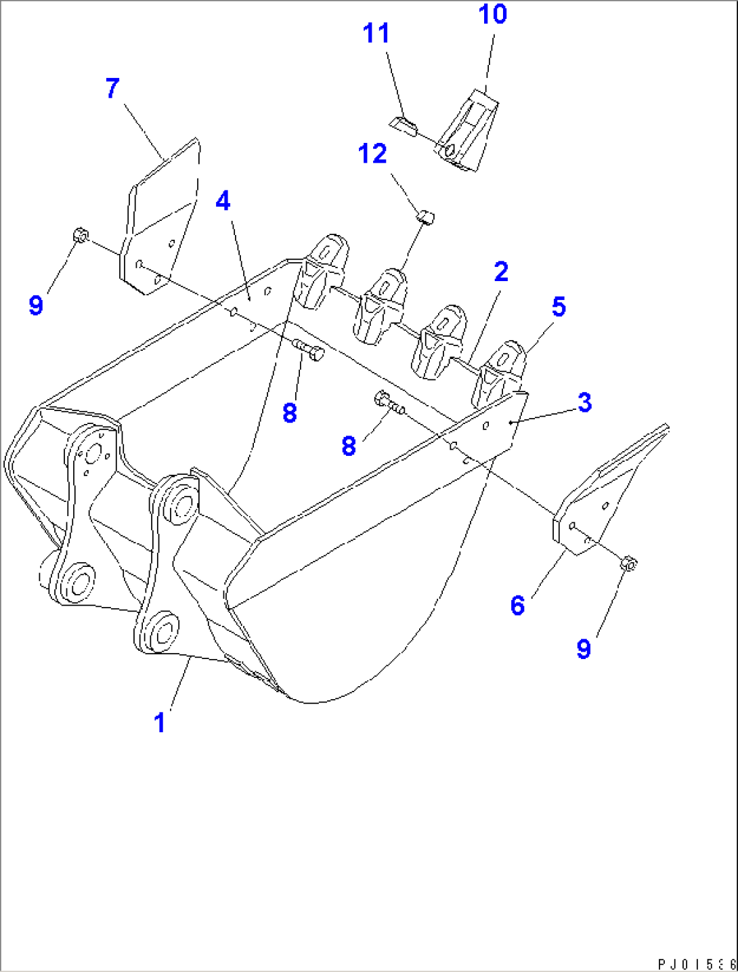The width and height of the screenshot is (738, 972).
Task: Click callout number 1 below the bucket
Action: pyautogui.click(x=160, y=723)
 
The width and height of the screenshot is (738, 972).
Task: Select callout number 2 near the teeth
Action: pyautogui.click(x=501, y=272)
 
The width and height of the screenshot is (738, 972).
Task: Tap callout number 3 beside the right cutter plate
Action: pyautogui.click(x=585, y=402)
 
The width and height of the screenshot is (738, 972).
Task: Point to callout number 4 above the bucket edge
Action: pyautogui.click(x=223, y=201)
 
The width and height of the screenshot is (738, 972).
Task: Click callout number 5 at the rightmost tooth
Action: pyautogui.click(x=559, y=307)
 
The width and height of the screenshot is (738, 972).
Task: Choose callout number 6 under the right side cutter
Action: pyautogui.click(x=517, y=605)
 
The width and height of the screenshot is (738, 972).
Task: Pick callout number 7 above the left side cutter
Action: pyautogui.click(x=112, y=88)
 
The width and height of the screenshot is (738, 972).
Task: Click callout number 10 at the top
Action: pyautogui.click(x=492, y=14)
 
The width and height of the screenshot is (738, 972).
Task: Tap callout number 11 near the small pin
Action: pyautogui.click(x=376, y=33)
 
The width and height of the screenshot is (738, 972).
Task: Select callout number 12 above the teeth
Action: pyautogui.click(x=372, y=154)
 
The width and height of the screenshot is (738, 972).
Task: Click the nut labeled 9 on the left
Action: pyautogui.click(x=79, y=236)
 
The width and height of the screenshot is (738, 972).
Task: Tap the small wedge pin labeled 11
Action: pyautogui.click(x=404, y=125)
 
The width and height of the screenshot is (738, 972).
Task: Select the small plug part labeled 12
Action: pyautogui.click(x=425, y=217)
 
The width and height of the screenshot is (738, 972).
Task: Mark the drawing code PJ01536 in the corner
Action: pyautogui.click(x=696, y=963)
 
